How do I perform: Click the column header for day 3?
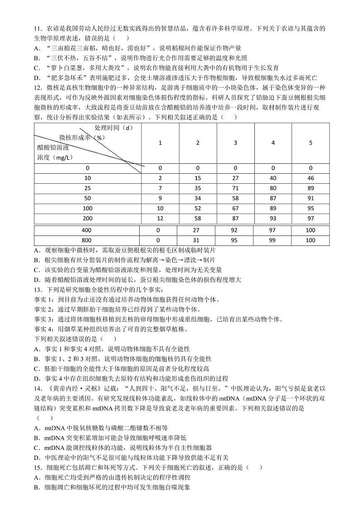235,142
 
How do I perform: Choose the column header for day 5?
311,142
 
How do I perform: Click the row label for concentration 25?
88,187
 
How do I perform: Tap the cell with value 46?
311,178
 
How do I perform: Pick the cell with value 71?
235,187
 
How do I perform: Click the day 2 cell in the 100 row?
198,208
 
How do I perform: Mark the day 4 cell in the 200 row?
273,219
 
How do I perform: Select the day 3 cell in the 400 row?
235,230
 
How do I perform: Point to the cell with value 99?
273,240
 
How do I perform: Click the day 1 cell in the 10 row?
160,178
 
